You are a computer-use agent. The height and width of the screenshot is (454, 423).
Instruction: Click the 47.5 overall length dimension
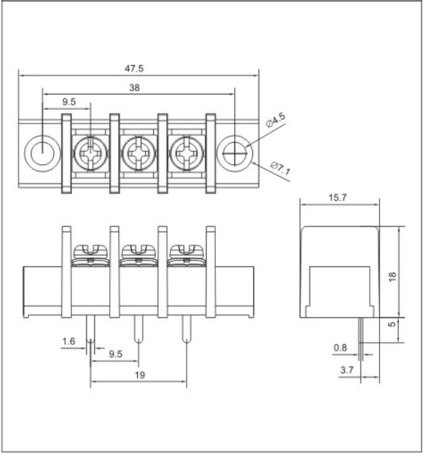pyautogui.click(x=137, y=67)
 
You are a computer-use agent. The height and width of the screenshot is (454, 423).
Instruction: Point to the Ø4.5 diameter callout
pyautogui.click(x=275, y=120)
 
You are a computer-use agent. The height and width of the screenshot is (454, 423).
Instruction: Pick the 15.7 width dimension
pyautogui.click(x=337, y=197)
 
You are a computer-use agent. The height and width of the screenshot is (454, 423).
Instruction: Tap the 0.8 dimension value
pyautogui.click(x=340, y=348)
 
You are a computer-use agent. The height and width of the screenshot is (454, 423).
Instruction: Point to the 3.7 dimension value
pyautogui.click(x=347, y=371)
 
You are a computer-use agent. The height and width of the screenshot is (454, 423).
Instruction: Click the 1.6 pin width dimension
pyautogui.click(x=69, y=341)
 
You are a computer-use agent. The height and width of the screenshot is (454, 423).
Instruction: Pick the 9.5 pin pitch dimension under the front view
pyautogui.click(x=115, y=355)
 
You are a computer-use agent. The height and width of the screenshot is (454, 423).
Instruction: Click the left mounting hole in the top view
pyautogui.click(x=42, y=151)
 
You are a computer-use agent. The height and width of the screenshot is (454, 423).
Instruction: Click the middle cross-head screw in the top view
pyautogui.click(x=137, y=152)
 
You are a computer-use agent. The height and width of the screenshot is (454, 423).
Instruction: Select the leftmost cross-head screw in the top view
pyautogui.click(x=89, y=152)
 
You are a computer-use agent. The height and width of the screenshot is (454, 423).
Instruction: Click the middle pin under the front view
pyautogui.click(x=138, y=330)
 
